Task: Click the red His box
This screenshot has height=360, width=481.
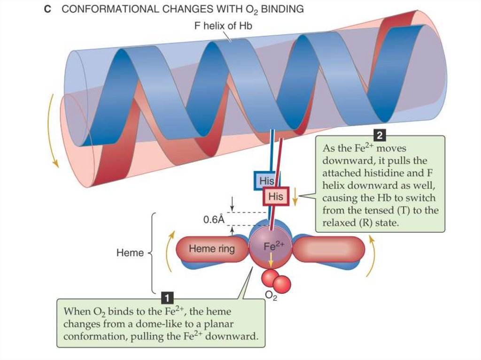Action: [276, 196]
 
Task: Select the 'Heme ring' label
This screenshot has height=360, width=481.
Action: [211, 248]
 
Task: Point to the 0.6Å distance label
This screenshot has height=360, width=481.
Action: [214, 219]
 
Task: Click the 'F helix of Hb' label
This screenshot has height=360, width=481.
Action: [223, 26]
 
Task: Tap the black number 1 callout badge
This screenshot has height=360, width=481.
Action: [167, 297]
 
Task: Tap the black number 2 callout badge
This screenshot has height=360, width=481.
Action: [380, 136]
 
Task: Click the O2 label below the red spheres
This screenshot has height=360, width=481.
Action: [271, 296]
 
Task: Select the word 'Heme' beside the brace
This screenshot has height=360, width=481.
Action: [130, 253]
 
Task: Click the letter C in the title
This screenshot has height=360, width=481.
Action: [47, 9]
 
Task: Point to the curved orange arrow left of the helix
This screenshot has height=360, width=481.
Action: [53, 131]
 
